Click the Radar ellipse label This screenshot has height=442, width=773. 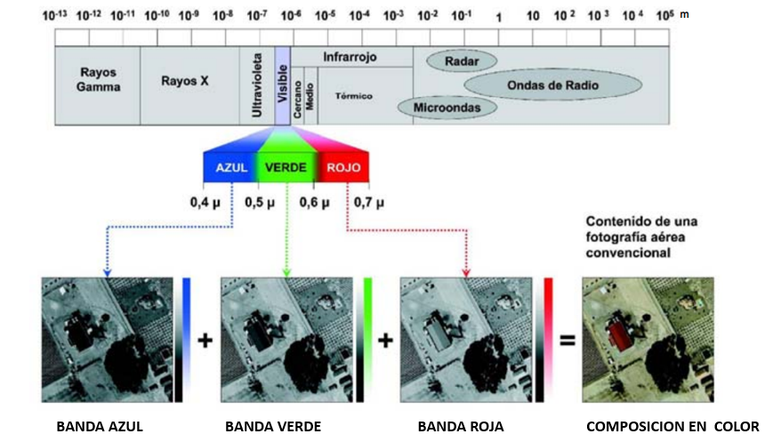pyautogui.click(x=461, y=62)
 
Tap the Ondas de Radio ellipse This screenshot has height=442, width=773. pyautogui.click(x=552, y=85)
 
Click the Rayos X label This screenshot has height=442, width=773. pyautogui.click(x=185, y=80)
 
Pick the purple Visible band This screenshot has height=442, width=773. pyautogui.click(x=282, y=85)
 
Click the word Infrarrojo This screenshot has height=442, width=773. pyautogui.click(x=350, y=57)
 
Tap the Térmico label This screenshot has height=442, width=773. pyautogui.click(x=353, y=95)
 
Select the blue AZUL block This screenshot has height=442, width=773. pyautogui.click(x=229, y=167)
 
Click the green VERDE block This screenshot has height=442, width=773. pyautogui.click(x=286, y=167)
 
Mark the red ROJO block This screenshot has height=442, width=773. pyautogui.click(x=342, y=167)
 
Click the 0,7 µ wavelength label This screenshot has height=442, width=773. pyautogui.click(x=368, y=203)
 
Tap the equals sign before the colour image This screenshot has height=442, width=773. pyautogui.click(x=566, y=340)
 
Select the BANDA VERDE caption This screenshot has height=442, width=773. pyautogui.click(x=273, y=426)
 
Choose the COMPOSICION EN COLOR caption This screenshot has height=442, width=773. pyautogui.click(x=672, y=426)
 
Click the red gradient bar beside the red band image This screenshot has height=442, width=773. pyautogui.click(x=549, y=338)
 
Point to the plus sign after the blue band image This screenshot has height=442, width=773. pyautogui.click(x=205, y=340)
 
